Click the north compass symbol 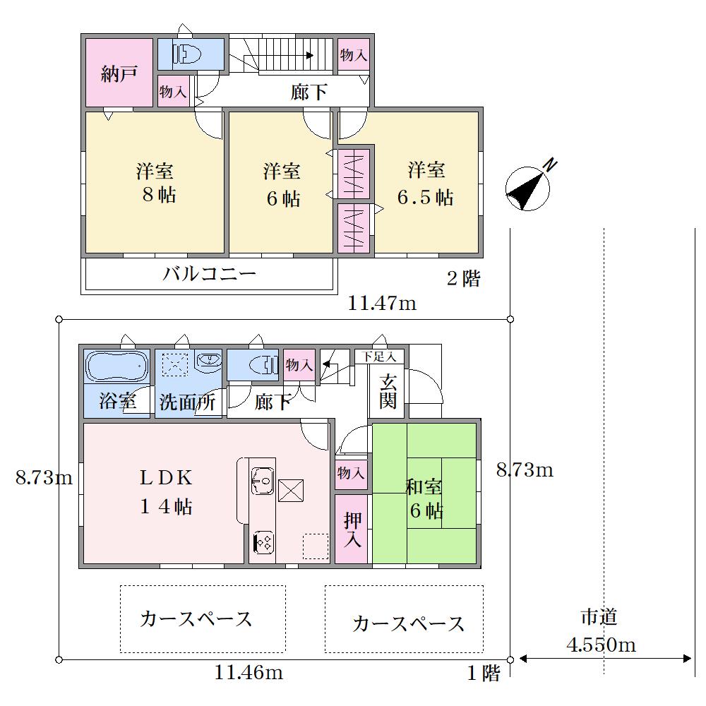(527, 188)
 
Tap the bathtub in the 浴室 (116, 366)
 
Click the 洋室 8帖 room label (156, 183)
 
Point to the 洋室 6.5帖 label (426, 184)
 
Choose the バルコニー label (210, 273)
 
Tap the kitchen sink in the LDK (263, 480)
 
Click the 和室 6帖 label (425, 498)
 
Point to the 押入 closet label (352, 529)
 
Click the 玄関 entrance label (388, 391)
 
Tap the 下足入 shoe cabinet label (379, 357)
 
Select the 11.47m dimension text (382, 304)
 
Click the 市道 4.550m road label (601, 630)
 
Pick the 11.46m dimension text (249, 673)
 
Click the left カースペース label (196, 619)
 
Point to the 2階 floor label (464, 279)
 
